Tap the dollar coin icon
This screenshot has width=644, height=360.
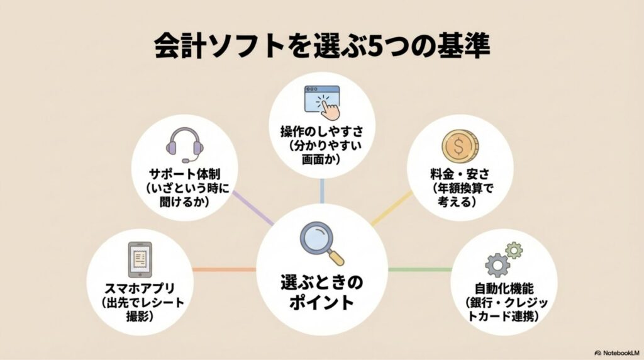460,146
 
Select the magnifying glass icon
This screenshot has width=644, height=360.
321,242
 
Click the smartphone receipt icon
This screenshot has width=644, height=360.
141,258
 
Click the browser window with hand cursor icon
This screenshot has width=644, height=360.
322,101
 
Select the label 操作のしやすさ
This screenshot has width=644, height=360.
322,132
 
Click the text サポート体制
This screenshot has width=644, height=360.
184,172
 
